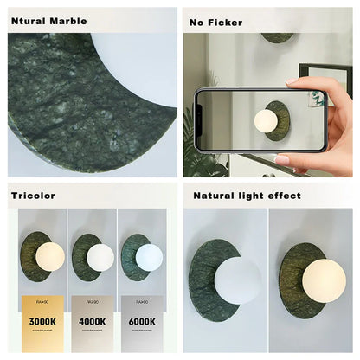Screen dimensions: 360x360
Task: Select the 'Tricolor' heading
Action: [32, 196]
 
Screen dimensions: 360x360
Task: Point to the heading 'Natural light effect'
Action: [247, 196]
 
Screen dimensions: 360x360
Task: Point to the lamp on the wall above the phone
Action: [278, 38]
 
